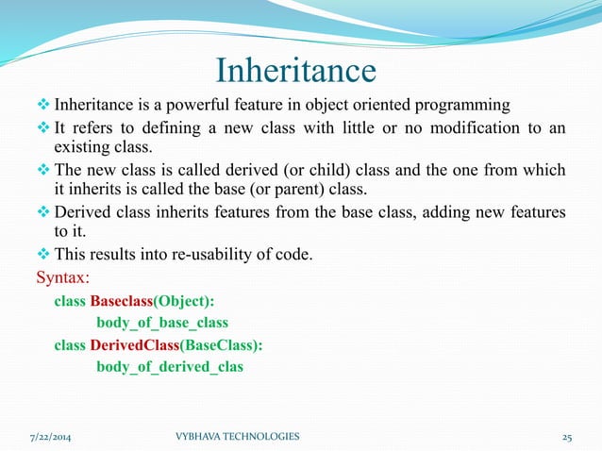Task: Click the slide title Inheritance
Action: tap(296, 71)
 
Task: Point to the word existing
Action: tap(83, 148)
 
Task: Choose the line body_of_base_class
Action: tap(161, 324)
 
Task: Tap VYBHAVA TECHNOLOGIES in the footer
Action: tap(238, 437)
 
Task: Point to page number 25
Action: tap(567, 437)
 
